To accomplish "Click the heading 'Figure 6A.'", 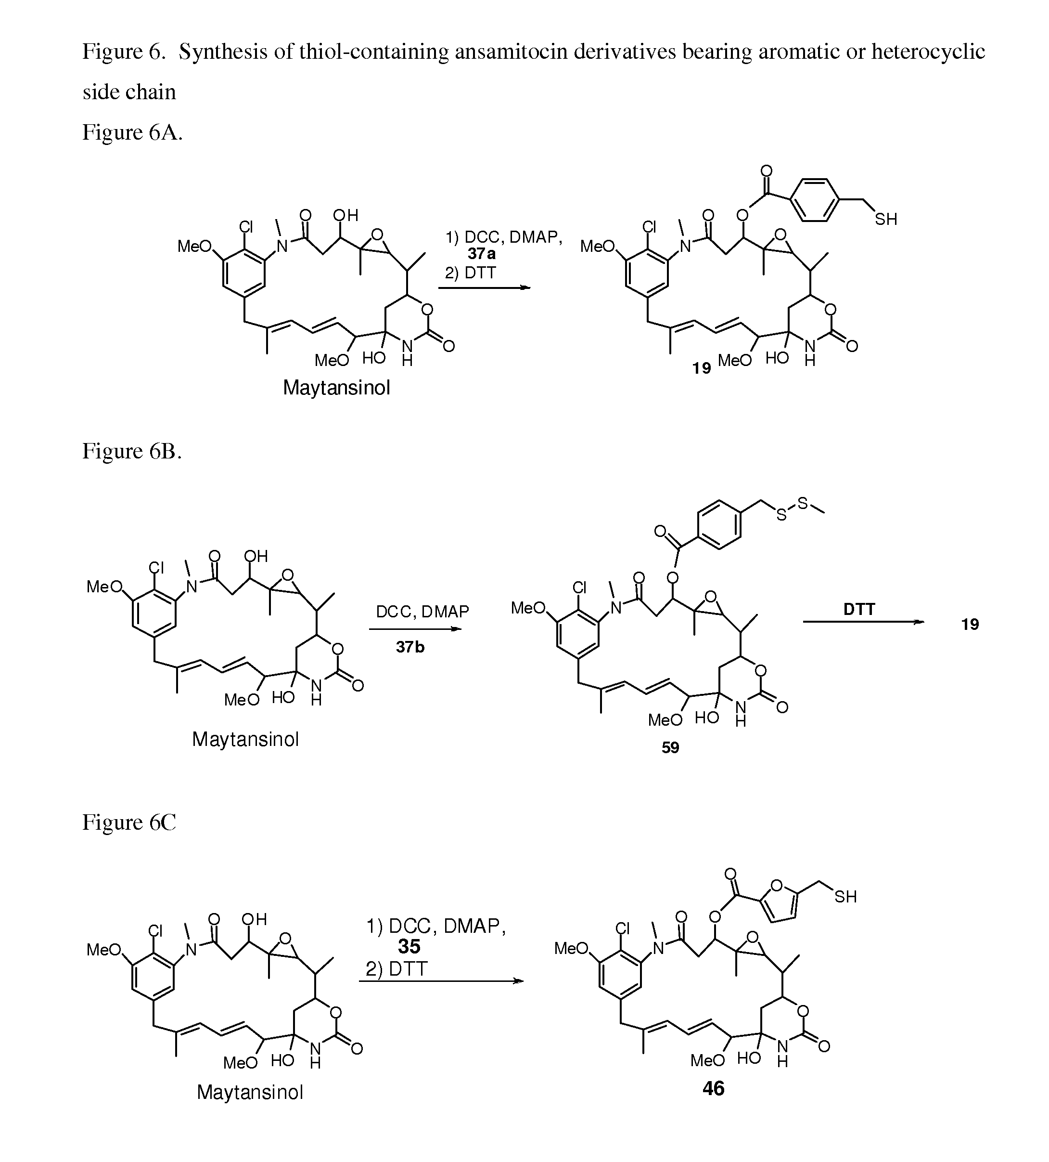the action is click(x=132, y=132).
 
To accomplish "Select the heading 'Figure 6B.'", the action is click(x=132, y=451).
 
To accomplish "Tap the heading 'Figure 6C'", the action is click(x=129, y=822).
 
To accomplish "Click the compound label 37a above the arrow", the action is click(x=482, y=254).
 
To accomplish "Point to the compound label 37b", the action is click(x=410, y=647).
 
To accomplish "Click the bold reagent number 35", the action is click(x=409, y=946).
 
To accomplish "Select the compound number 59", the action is click(x=670, y=747).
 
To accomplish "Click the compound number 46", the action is click(x=713, y=1088).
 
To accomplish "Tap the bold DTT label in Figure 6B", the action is click(x=859, y=609).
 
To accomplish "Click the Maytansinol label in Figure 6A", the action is click(x=336, y=388).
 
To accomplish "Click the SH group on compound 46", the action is click(x=845, y=896).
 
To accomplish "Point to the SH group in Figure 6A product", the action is click(x=886, y=219).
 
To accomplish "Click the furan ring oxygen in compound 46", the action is click(x=776, y=885).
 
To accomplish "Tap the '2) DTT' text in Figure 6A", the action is click(x=470, y=273).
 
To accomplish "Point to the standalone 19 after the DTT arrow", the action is click(x=970, y=624).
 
